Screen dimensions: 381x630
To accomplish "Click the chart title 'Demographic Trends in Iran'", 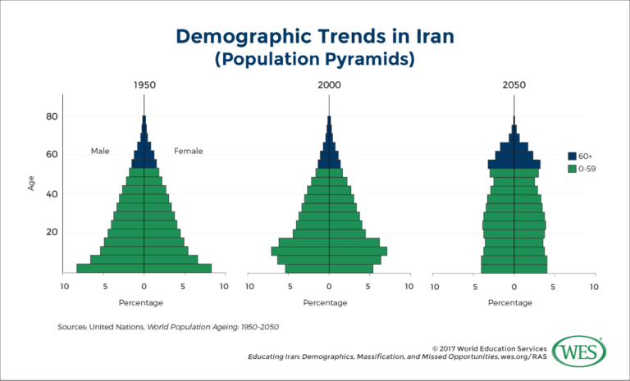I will point(315,37).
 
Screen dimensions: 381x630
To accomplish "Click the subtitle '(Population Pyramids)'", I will point(315,60).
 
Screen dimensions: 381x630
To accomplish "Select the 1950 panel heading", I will point(144,85).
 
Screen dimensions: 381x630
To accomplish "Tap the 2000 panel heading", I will point(329,85).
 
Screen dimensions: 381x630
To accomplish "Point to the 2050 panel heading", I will point(514,85).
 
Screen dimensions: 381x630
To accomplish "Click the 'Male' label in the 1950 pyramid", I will point(100,151).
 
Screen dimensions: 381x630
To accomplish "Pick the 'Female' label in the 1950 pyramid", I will point(188,151).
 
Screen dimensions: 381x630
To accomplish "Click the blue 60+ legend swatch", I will point(573,156).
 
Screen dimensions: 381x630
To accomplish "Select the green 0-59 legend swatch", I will point(573,169).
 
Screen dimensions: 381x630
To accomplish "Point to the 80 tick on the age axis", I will point(51,116).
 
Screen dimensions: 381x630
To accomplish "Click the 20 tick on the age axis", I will point(51,233).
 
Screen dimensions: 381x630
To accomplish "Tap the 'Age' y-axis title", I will point(31,184).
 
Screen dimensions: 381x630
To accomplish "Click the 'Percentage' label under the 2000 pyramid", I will point(329,302).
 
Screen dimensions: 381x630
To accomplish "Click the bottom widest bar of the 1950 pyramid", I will point(144,268).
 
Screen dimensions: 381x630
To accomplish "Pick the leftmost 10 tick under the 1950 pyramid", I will point(65,287).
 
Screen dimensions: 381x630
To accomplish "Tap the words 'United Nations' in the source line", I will point(119,327).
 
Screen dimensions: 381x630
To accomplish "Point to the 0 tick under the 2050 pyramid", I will point(514,287).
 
